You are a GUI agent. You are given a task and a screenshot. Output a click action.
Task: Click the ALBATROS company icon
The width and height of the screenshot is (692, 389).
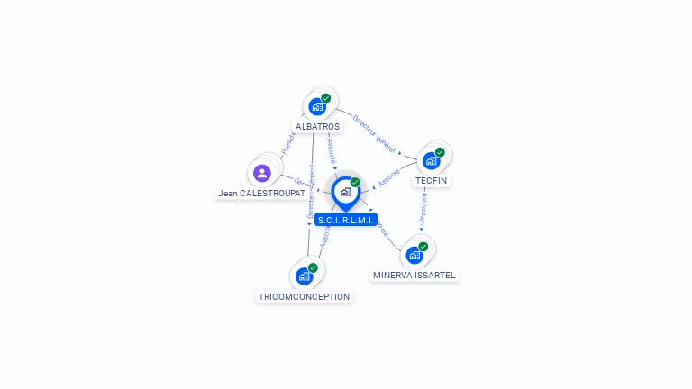[x=316, y=106]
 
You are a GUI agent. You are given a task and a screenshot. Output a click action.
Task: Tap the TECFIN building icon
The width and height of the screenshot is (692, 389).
[x=431, y=160]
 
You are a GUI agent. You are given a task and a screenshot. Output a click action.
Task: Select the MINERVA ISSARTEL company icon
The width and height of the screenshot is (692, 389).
[x=414, y=255]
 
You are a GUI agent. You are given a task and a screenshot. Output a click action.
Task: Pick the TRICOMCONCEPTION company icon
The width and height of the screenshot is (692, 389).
[x=304, y=276]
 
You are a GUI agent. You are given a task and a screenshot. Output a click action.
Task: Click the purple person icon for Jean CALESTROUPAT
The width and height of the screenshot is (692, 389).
[x=262, y=173]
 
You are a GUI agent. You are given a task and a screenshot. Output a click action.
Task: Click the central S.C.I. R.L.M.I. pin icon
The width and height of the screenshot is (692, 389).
[x=345, y=192]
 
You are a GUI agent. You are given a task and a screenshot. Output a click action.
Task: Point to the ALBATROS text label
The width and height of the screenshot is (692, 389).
[x=317, y=127]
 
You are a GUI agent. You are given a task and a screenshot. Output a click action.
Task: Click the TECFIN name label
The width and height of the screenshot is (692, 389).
[x=431, y=181]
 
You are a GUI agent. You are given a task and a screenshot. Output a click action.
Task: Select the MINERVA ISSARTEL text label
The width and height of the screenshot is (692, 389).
[x=414, y=275]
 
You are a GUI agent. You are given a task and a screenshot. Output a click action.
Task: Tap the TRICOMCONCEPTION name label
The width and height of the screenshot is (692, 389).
[x=305, y=296]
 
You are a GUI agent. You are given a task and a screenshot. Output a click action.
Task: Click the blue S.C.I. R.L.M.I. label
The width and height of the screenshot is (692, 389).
[x=346, y=220]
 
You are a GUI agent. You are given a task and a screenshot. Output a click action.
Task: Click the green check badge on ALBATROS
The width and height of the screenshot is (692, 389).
[x=326, y=98]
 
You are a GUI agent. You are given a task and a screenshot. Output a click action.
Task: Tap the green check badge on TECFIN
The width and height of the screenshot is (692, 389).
[x=440, y=152]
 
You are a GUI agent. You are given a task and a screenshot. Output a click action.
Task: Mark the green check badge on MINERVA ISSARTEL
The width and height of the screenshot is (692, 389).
[x=423, y=247]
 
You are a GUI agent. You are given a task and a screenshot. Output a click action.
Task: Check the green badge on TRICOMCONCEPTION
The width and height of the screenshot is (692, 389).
[x=313, y=267]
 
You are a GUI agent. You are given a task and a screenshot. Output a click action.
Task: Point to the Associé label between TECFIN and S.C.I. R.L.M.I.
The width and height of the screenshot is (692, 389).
[x=389, y=178]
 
